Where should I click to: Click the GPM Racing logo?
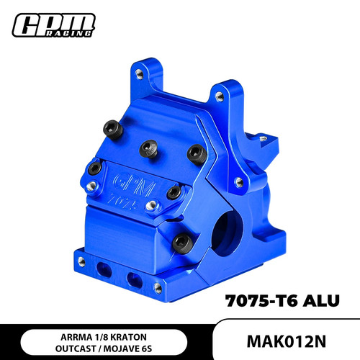click(x=53, y=25)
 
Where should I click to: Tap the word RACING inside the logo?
click(x=68, y=33)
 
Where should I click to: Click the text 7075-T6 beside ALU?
click(x=261, y=301)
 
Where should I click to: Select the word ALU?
click(x=321, y=301)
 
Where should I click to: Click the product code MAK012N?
click(x=287, y=341)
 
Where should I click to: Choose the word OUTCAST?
click(x=76, y=348)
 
